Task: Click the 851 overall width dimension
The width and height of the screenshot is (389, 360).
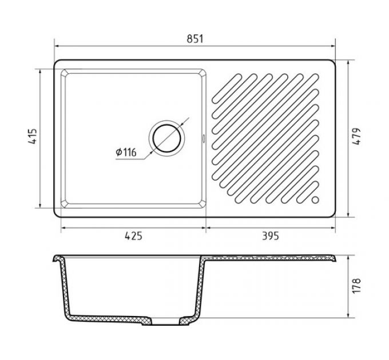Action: pyautogui.click(x=194, y=39)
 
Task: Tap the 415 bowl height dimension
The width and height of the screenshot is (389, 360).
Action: pyautogui.click(x=33, y=136)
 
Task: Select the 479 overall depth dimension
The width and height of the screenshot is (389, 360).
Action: pyautogui.click(x=356, y=136)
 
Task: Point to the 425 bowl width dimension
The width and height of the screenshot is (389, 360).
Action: pyautogui.click(x=133, y=235)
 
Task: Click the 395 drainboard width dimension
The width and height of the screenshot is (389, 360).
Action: pyautogui.click(x=271, y=235)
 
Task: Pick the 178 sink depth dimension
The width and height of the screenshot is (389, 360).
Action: pyautogui.click(x=356, y=286)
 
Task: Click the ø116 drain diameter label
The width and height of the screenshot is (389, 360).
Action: pyautogui.click(x=126, y=152)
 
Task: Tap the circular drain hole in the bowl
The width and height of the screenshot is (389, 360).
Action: pyautogui.click(x=166, y=138)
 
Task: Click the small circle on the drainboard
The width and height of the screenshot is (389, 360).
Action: pyautogui.click(x=315, y=199)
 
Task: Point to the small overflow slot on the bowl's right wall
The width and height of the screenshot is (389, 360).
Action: pyautogui.click(x=204, y=138)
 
